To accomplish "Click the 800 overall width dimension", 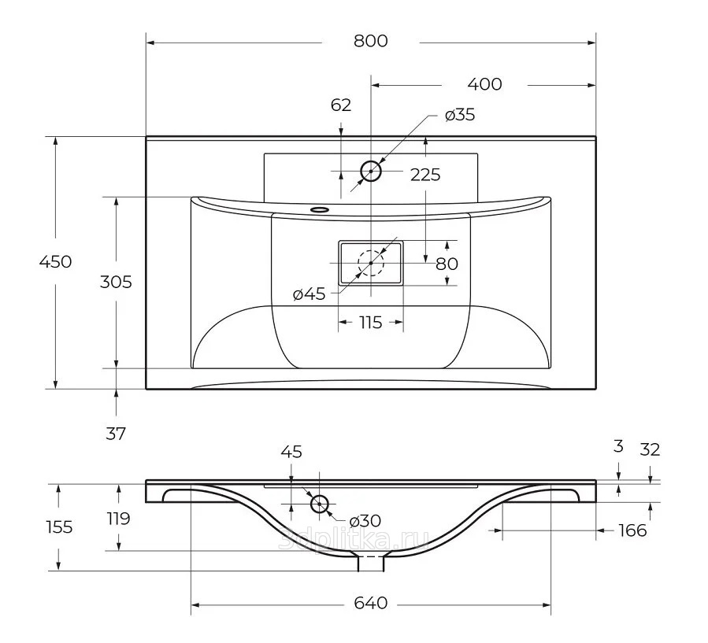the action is point(370,41).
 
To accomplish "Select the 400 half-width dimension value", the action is point(484,84).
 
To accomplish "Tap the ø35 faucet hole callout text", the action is point(460,115).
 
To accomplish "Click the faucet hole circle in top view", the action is point(371,171).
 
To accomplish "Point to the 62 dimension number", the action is point(341,105).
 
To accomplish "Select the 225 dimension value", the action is point(425,175).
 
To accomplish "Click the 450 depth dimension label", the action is point(56,262).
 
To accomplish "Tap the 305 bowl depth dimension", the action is point(116,282).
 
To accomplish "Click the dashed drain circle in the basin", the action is point(371,263).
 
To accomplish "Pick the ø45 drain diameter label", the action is point(309,294).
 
